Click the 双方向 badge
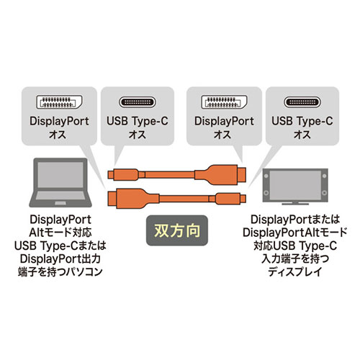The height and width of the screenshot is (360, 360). pyautogui.click(x=177, y=230)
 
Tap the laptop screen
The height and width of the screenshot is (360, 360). pyautogui.click(x=60, y=174)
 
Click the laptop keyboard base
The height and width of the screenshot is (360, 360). pyautogui.click(x=60, y=199)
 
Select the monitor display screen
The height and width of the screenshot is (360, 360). pyautogui.click(x=295, y=185)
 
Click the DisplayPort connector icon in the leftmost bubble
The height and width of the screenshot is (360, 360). pyautogui.click(x=59, y=102)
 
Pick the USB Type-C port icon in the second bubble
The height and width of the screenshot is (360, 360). pyautogui.click(x=138, y=102)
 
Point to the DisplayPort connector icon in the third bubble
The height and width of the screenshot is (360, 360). pyautogui.click(x=224, y=102)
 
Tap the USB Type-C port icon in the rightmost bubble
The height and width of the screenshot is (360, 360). pyautogui.click(x=302, y=102)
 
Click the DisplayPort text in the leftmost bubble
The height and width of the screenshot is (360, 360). pyautogui.click(x=59, y=121)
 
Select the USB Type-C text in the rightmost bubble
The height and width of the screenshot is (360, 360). pyautogui.click(x=302, y=121)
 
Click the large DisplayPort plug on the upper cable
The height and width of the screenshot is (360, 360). pyautogui.click(x=220, y=174)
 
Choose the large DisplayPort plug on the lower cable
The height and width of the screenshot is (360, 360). pyautogui.click(x=133, y=199)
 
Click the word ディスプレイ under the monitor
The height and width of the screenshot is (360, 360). pyautogui.click(x=295, y=271)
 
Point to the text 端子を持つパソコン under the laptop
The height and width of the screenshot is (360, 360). pyautogui.click(x=60, y=271)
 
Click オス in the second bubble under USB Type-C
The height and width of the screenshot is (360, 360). pyautogui.click(x=138, y=135)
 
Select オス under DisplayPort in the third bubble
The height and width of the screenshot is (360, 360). pyautogui.click(x=222, y=135)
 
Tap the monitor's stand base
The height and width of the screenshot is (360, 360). pyautogui.click(x=295, y=204)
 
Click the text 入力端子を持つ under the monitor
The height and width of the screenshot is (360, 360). pyautogui.click(x=295, y=258)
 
